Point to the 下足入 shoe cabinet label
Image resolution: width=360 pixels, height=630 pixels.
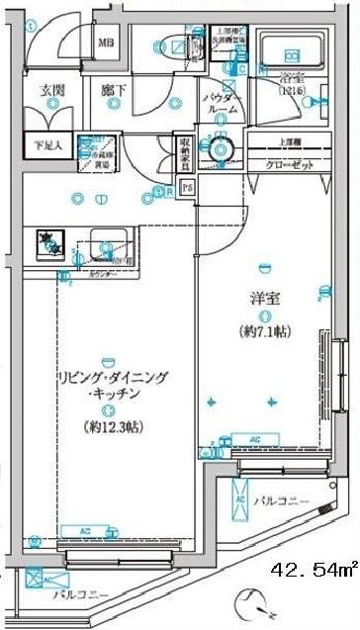click(48, 144)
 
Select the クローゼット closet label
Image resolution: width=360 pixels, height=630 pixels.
click(291, 164)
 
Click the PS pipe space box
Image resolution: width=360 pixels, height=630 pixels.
click(188, 187)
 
